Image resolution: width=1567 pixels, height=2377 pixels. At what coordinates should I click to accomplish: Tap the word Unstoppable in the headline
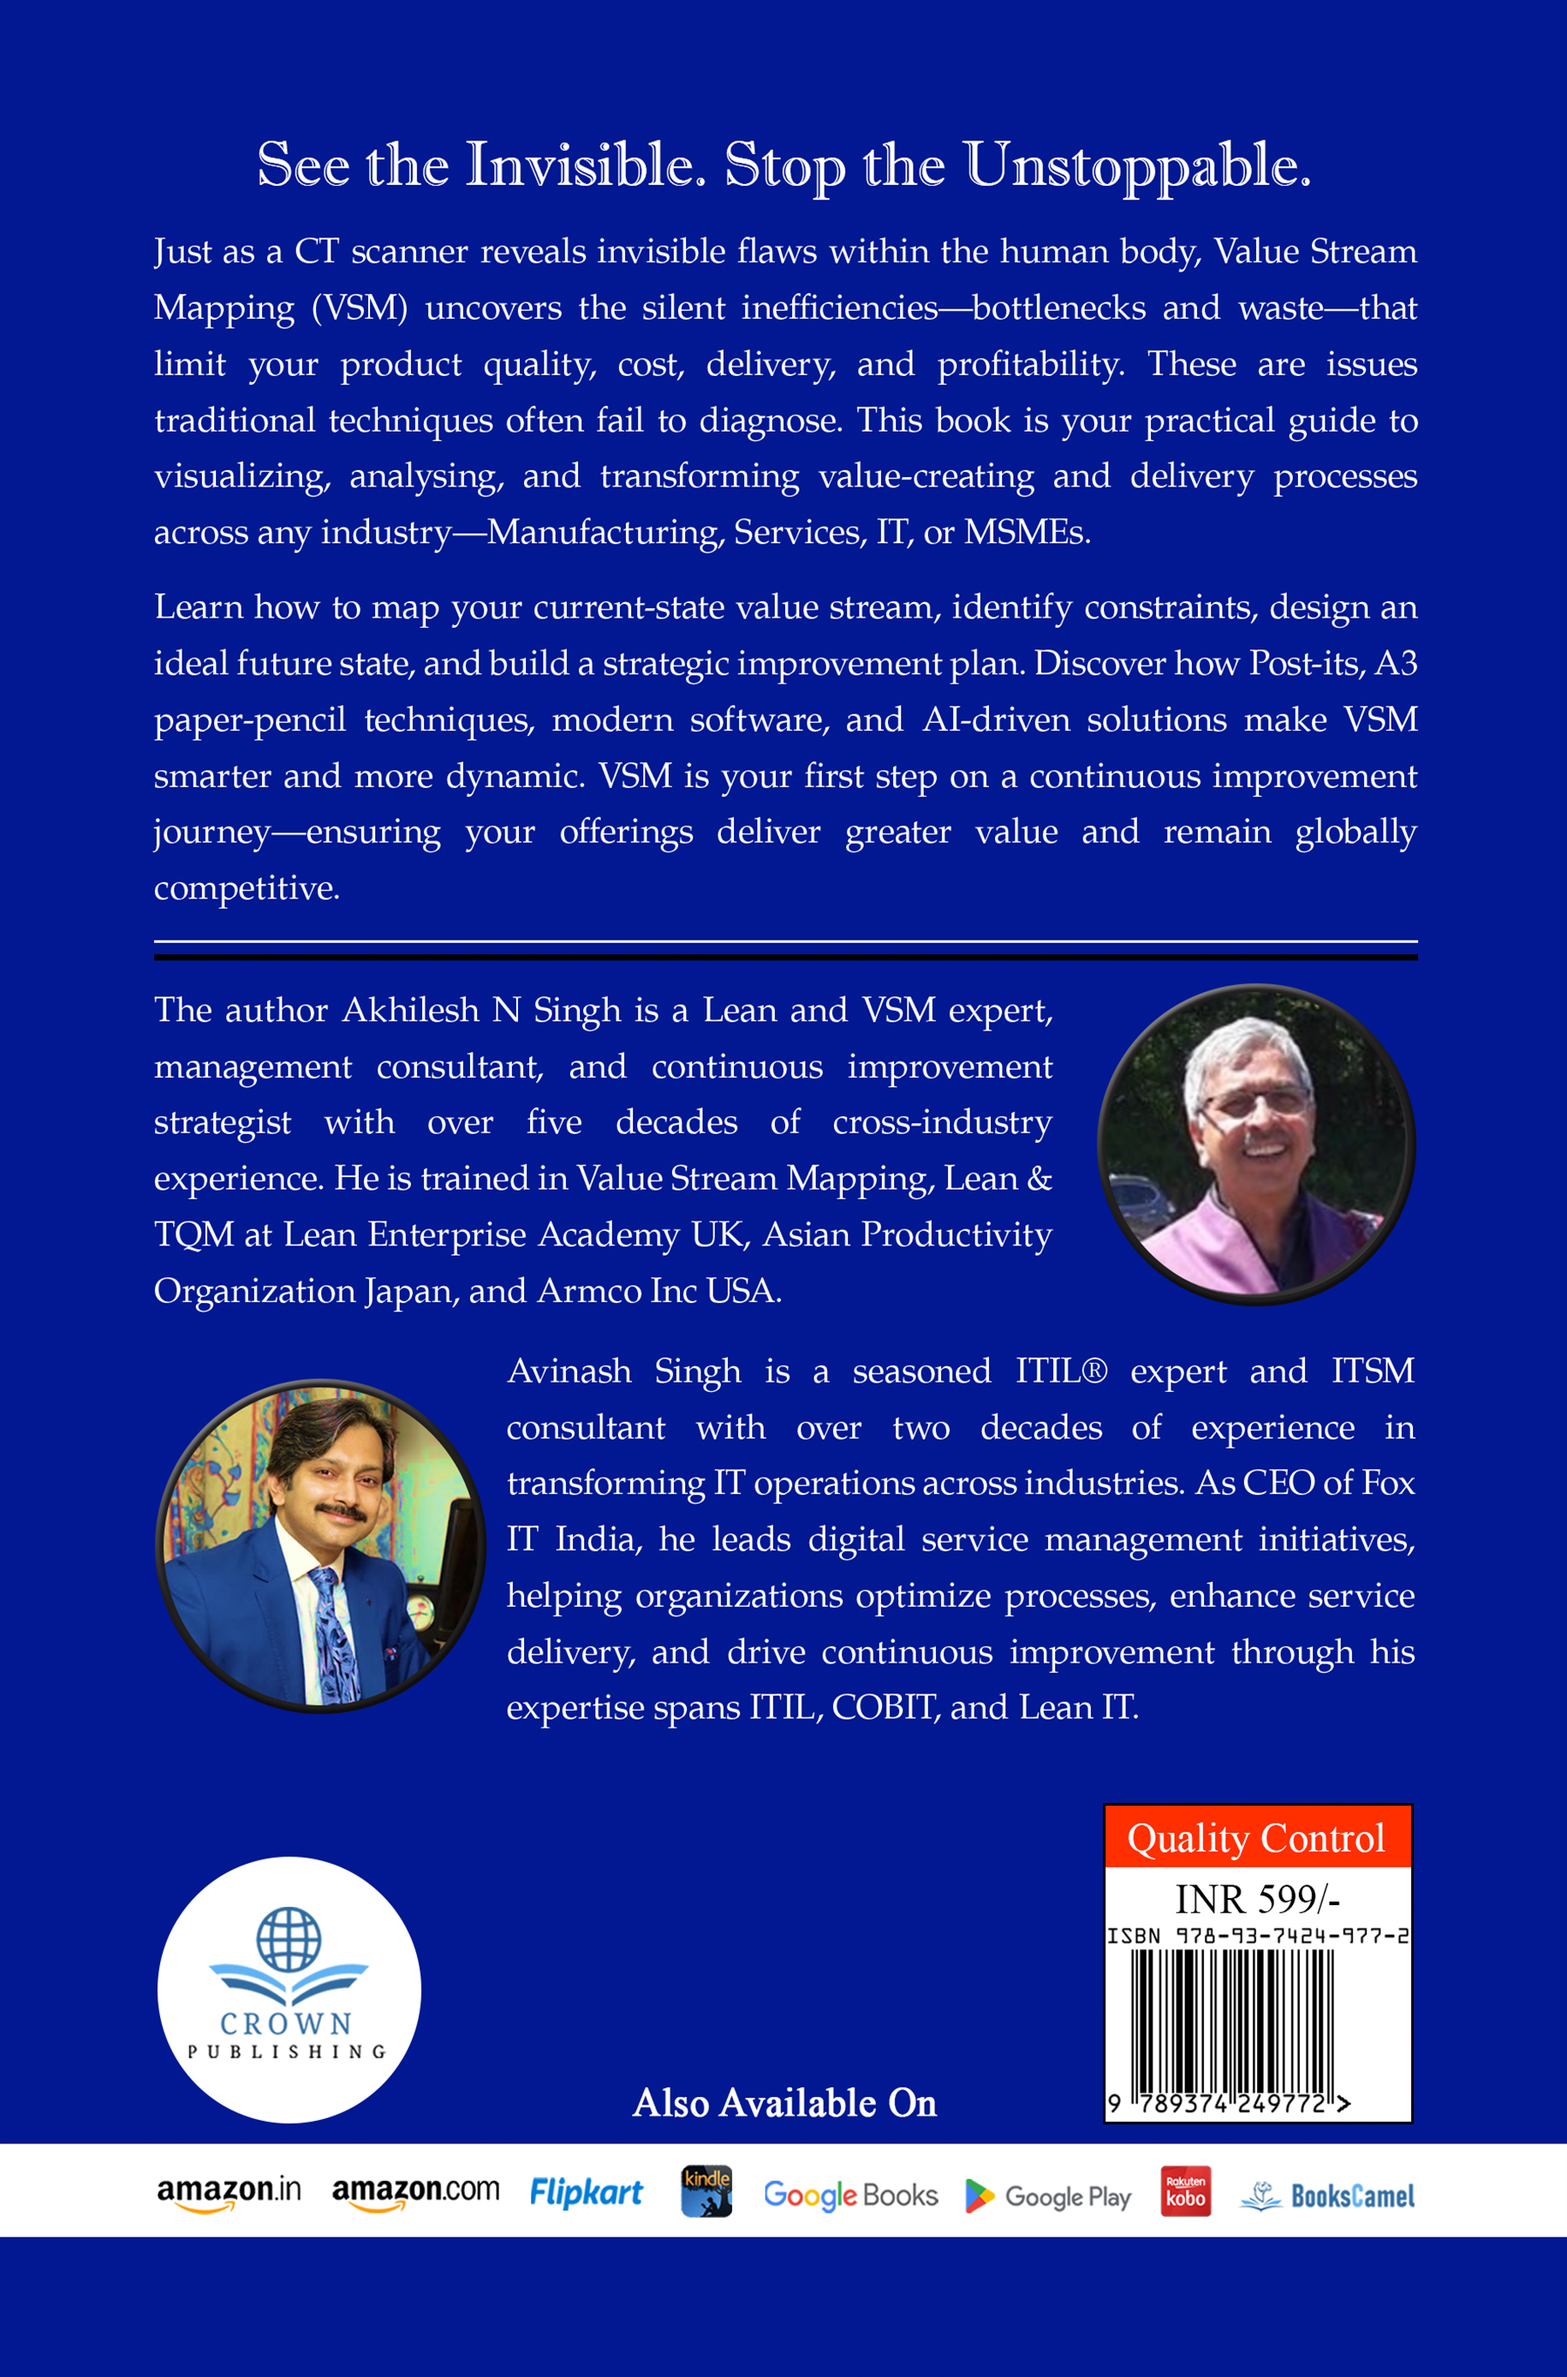(1137, 167)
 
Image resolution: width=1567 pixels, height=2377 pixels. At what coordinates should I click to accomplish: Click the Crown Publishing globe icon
(289, 1939)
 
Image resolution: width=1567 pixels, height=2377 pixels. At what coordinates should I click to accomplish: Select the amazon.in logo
(229, 2193)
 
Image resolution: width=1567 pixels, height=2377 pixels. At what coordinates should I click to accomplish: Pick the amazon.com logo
(414, 2193)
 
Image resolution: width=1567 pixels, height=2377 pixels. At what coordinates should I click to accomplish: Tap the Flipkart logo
(586, 2193)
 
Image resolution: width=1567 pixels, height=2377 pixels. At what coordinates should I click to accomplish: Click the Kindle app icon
(706, 2191)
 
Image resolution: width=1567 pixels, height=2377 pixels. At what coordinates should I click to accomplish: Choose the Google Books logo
(850, 2195)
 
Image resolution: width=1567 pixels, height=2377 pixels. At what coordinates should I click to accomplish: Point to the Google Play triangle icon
(980, 2196)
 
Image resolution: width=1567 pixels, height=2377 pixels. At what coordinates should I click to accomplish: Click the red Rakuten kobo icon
(1185, 2191)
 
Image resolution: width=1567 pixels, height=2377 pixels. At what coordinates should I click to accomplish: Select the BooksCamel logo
(1327, 2196)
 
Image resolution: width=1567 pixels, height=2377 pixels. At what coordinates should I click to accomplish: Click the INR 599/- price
(1257, 1899)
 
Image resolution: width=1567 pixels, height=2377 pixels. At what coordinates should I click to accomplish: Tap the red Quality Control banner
(1256, 1838)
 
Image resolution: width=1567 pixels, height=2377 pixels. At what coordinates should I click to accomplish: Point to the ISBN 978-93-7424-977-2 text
(1257, 1936)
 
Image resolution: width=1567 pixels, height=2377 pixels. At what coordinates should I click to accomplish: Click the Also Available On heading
(784, 2103)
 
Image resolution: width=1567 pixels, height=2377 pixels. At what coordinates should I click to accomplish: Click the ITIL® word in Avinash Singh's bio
(1061, 1371)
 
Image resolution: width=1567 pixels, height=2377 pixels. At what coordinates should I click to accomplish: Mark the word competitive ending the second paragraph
(246, 888)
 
